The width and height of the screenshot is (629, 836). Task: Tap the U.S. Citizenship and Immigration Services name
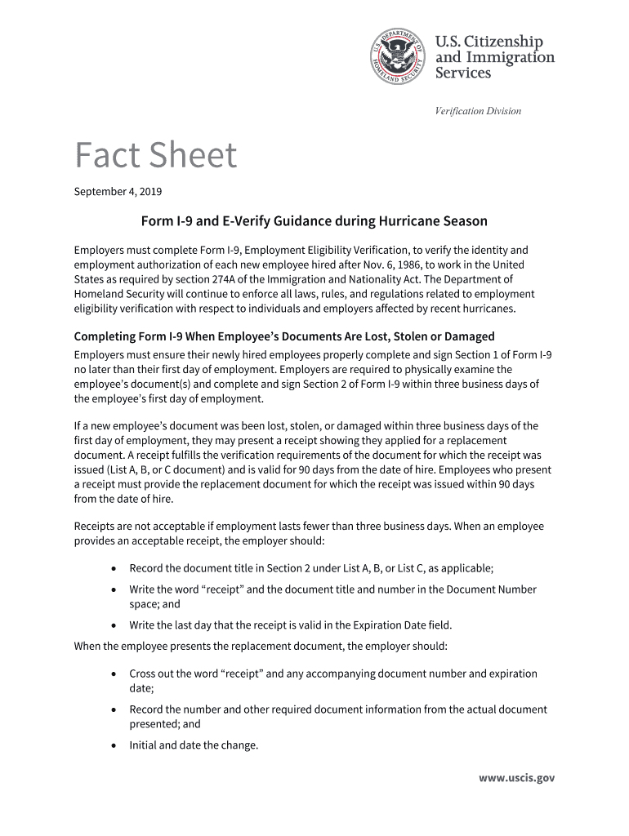click(x=493, y=56)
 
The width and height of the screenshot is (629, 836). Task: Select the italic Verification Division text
click(x=478, y=111)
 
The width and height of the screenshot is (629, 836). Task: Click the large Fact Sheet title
click(x=155, y=155)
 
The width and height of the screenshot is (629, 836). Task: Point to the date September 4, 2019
click(x=118, y=192)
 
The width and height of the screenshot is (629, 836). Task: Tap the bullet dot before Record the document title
click(x=112, y=568)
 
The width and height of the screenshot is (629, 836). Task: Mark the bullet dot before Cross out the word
click(x=112, y=674)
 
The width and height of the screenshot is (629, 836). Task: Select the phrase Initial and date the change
click(x=194, y=745)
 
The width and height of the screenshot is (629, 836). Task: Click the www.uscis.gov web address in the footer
click(x=516, y=778)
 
